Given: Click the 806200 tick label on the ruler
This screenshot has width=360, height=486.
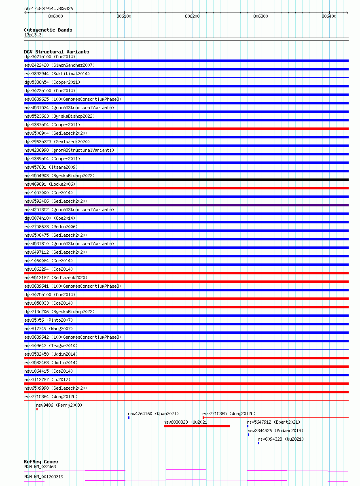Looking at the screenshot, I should point(192,16).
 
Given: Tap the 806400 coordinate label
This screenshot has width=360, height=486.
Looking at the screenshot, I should point(329,16).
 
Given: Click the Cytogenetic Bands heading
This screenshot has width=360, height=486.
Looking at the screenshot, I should point(48,30).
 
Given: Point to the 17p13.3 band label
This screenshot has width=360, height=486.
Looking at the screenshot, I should point(33,35).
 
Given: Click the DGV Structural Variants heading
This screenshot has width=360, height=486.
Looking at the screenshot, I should point(56,52).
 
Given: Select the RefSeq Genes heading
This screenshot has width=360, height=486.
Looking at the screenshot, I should point(41,462).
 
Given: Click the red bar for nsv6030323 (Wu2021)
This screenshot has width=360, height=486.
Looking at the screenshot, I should point(197,426).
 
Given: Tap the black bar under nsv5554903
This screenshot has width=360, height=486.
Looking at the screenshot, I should point(186,180).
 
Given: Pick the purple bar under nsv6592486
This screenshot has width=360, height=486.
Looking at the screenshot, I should point(186,205).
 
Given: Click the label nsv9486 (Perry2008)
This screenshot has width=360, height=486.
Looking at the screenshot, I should point(59,405).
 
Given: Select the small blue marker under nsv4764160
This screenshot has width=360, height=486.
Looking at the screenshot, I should point(129,418).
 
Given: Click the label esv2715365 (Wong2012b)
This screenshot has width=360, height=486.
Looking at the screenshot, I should point(229,414).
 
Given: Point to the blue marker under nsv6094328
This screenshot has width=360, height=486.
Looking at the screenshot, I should point(258,443).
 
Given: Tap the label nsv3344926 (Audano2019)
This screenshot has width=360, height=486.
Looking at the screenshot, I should point(275,431).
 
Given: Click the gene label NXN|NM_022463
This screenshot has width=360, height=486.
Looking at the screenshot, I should point(40,467).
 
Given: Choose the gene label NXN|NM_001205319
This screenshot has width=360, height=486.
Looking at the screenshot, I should point(44,477).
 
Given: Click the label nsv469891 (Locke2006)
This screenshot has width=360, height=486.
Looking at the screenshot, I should point(50,184).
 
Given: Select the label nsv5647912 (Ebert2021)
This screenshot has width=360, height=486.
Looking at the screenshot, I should point(273,422).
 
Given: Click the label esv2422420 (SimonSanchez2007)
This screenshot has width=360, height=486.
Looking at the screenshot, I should point(59,65).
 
